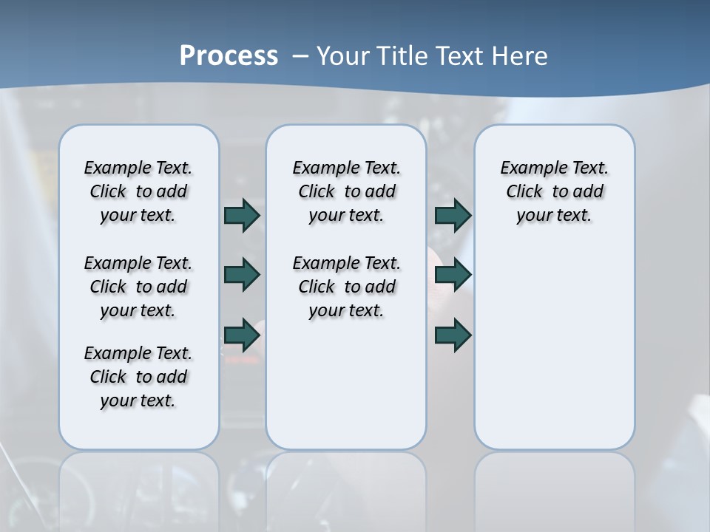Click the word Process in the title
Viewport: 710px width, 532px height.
pyautogui.click(x=229, y=56)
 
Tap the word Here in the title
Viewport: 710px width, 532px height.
pyautogui.click(x=522, y=56)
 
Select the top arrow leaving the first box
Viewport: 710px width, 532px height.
pyautogui.click(x=242, y=215)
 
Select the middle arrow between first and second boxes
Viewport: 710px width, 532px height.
pyautogui.click(x=242, y=275)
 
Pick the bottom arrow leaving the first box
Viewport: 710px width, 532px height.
pyautogui.click(x=242, y=335)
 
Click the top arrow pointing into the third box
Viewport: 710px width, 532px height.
pyautogui.click(x=453, y=215)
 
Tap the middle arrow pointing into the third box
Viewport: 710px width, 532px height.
pyautogui.click(x=453, y=275)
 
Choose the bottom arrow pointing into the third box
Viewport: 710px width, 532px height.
pyautogui.click(x=453, y=335)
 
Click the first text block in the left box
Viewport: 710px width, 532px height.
pyautogui.click(x=138, y=191)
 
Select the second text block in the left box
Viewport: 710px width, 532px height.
pyautogui.click(x=138, y=287)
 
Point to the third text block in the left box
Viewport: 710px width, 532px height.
pyautogui.click(x=138, y=377)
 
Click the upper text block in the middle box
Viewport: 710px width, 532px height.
pyautogui.click(x=346, y=191)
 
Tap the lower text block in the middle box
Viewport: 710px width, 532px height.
pyautogui.click(x=346, y=287)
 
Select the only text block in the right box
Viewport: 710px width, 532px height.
pyautogui.click(x=555, y=191)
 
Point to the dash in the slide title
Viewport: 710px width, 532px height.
pyautogui.click(x=300, y=57)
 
